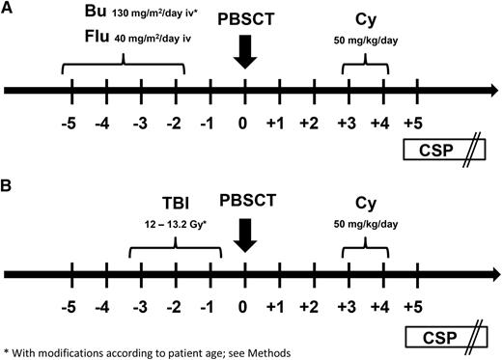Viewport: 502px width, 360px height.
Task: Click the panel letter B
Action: (x=8, y=179)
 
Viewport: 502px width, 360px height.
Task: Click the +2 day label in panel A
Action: (x=310, y=123)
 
